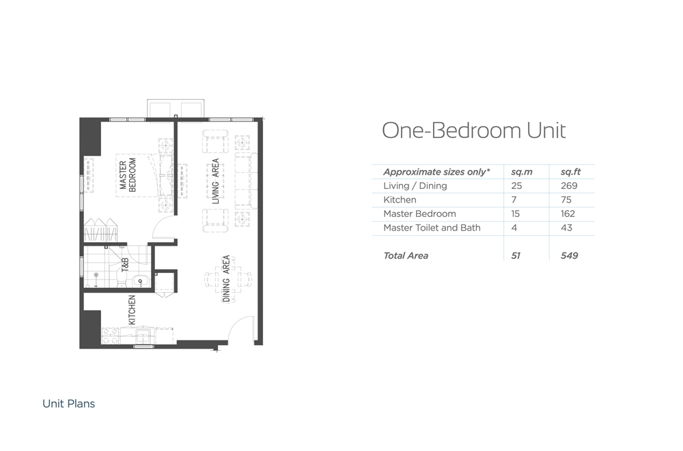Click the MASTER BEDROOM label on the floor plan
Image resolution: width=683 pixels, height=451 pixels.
128,175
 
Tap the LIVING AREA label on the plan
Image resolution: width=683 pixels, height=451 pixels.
215,181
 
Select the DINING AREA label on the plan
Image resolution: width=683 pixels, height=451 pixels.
226,278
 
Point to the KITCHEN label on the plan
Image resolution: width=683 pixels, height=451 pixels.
132,310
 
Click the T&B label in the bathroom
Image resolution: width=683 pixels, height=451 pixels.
124,265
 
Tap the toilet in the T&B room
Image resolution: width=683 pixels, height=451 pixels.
122,278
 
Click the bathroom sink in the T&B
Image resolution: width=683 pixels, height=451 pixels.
140,281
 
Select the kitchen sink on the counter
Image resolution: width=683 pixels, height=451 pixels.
143,336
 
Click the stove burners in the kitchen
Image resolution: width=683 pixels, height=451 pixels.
110,336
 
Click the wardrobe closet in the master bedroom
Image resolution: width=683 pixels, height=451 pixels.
100,230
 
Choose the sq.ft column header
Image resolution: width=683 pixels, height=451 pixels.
570,172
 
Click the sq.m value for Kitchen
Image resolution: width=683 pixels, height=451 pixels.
514,200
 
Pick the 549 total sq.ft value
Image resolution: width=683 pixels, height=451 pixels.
570,256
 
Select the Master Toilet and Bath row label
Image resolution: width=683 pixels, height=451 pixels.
432,228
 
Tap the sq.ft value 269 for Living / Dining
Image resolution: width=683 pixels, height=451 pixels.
569,186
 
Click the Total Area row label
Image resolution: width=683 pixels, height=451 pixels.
406,256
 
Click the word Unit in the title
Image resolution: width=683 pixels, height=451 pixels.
546,130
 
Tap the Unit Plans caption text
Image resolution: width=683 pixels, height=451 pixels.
69,403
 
